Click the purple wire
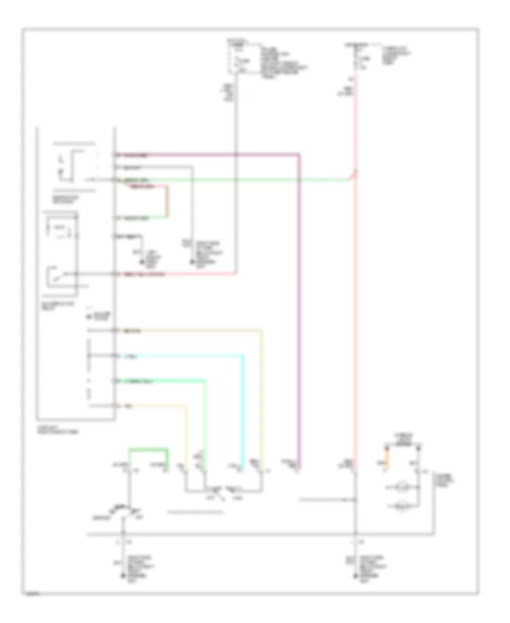(x=300, y=311)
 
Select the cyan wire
(x=244, y=408)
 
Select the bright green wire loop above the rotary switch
(x=148, y=449)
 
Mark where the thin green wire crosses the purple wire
(x=300, y=180)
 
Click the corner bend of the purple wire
(x=299, y=155)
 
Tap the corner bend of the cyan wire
(x=243, y=356)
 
